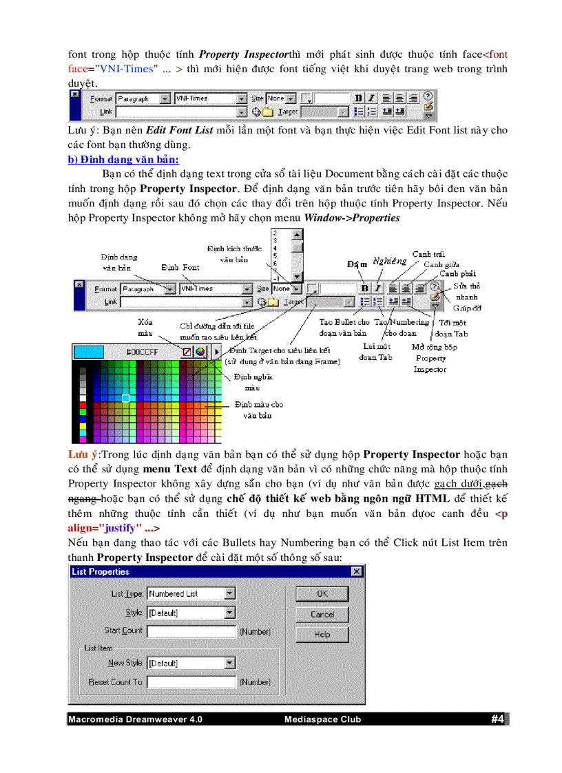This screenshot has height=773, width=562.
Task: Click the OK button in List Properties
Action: (322, 593)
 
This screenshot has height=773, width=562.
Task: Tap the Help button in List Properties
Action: (322, 634)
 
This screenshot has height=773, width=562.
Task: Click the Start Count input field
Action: (191, 631)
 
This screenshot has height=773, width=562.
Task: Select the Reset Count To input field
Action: (191, 682)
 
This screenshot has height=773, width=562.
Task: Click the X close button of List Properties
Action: (356, 572)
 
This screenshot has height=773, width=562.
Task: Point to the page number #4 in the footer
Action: (498, 719)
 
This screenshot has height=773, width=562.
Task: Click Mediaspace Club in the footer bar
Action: (322, 720)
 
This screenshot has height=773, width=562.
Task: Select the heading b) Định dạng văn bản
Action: (123, 160)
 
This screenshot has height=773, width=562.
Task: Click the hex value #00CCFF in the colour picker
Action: (142, 352)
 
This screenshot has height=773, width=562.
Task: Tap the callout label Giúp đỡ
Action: (467, 309)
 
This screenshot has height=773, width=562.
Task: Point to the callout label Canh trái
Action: (428, 254)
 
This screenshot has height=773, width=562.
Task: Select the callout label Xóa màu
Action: (145, 327)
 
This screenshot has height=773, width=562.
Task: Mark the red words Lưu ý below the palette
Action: (83, 454)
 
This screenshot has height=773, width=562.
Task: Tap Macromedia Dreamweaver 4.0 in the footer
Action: (135, 720)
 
